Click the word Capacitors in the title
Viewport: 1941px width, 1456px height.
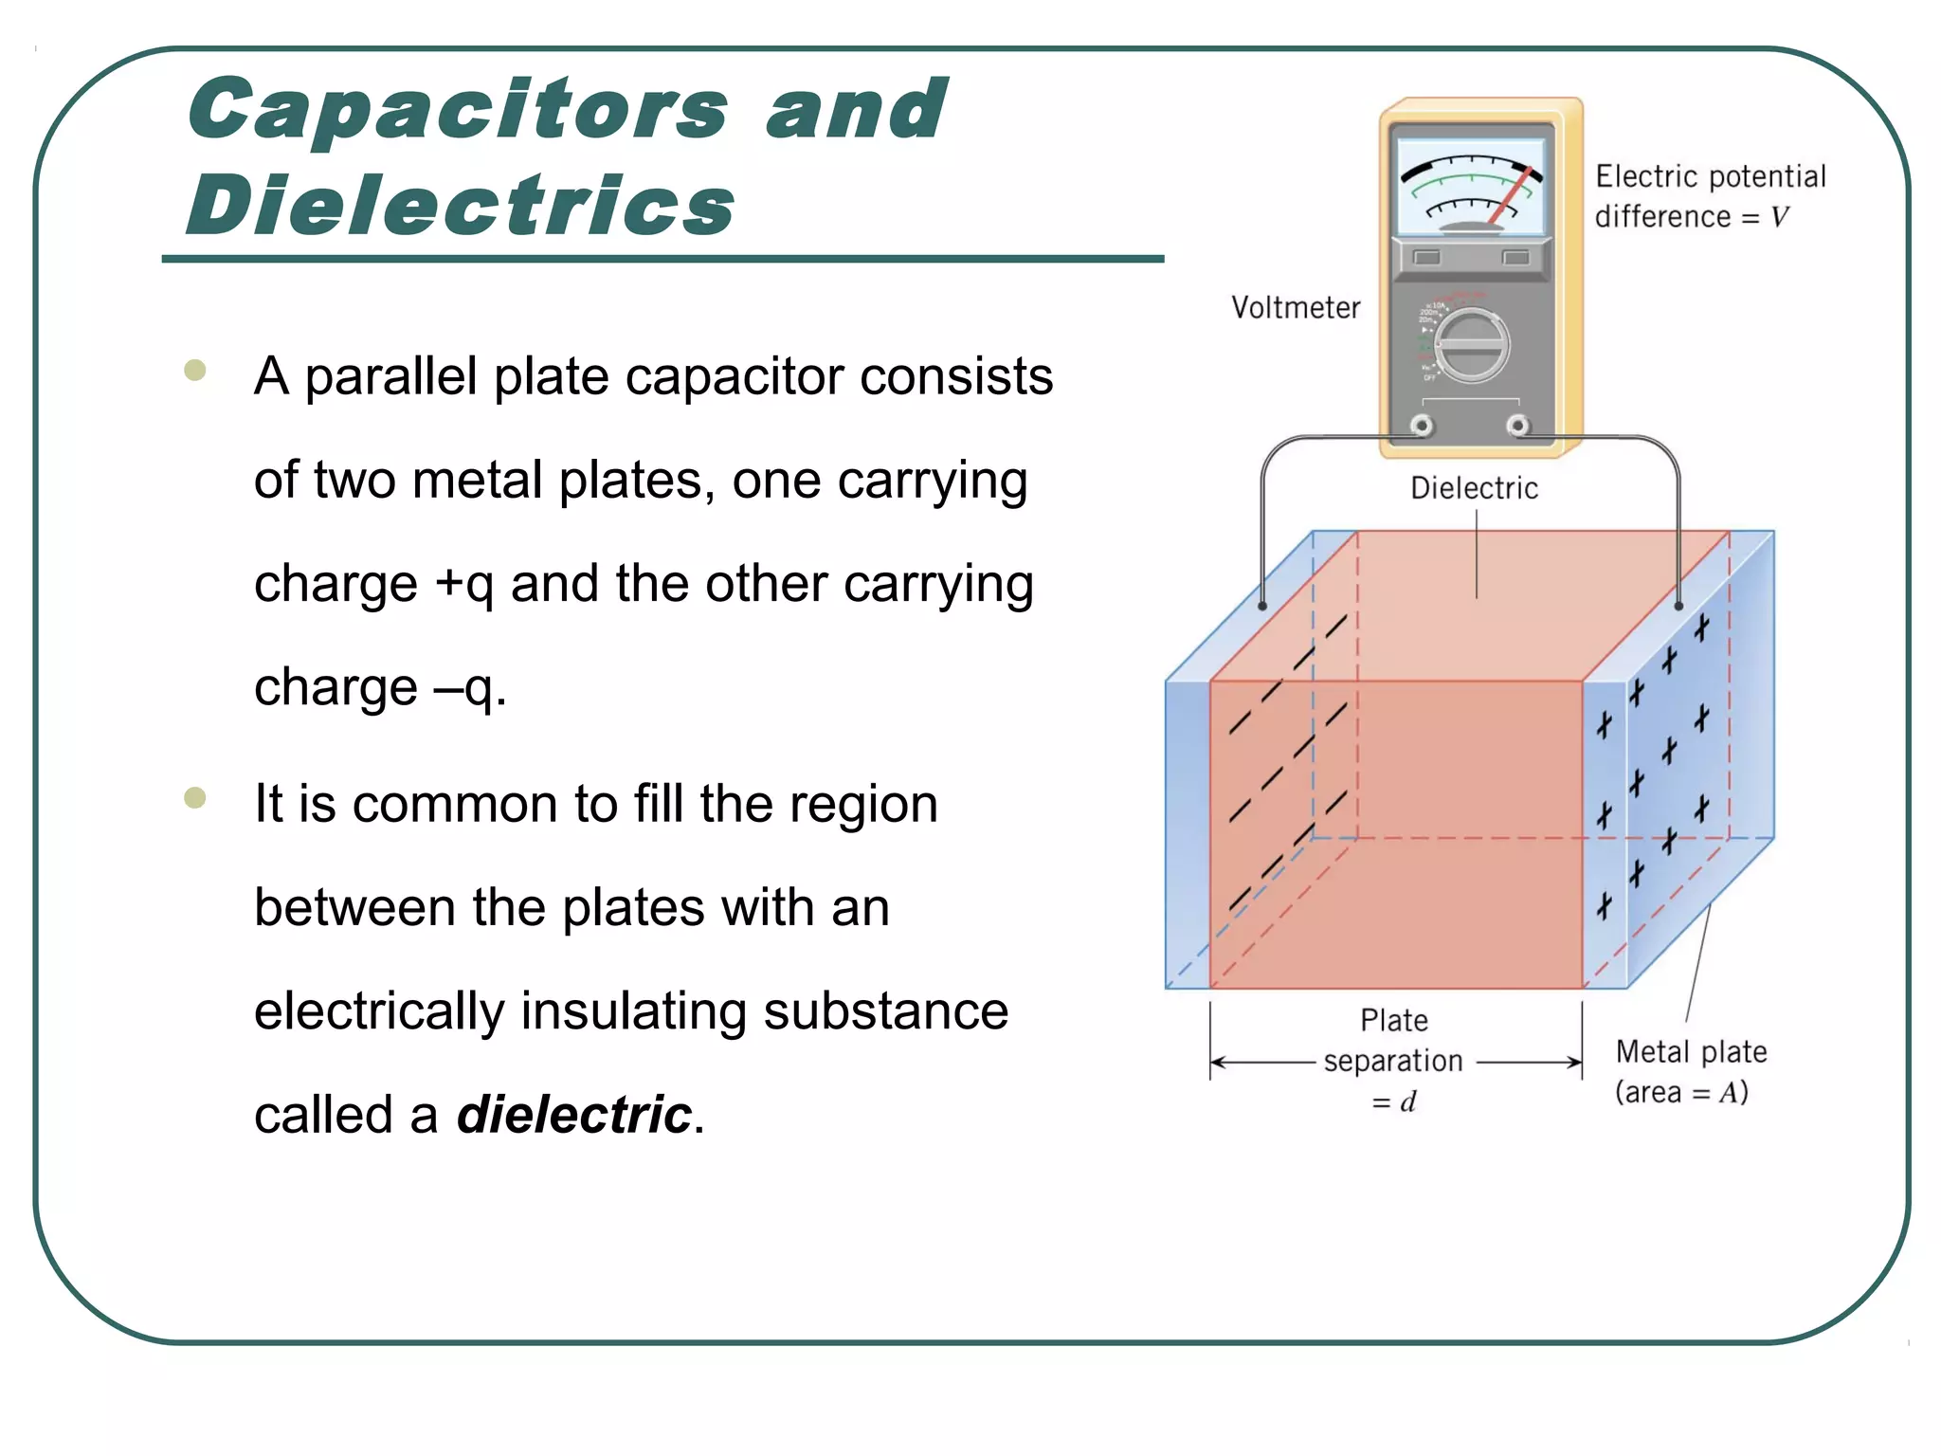(x=458, y=110)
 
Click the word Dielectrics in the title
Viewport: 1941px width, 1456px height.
(x=461, y=207)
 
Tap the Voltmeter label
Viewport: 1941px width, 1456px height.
(x=1295, y=308)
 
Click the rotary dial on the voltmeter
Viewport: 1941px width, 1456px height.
(x=1471, y=346)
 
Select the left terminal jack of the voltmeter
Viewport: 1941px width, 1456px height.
(x=1422, y=426)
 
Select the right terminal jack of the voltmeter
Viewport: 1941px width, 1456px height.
(x=1518, y=426)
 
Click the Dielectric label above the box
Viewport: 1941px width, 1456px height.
(x=1474, y=488)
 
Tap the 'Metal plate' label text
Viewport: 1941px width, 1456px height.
(x=1691, y=1052)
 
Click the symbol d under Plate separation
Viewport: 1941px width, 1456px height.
(x=1408, y=1102)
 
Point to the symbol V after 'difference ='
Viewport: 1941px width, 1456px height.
(x=1779, y=217)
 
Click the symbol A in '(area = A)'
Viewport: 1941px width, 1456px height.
(x=1731, y=1093)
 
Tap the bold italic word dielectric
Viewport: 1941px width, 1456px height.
(x=574, y=1114)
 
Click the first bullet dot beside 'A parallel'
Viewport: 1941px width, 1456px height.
(x=195, y=370)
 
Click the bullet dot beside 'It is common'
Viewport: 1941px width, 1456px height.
(x=195, y=797)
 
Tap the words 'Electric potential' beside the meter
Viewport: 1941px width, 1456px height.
(x=1710, y=177)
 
